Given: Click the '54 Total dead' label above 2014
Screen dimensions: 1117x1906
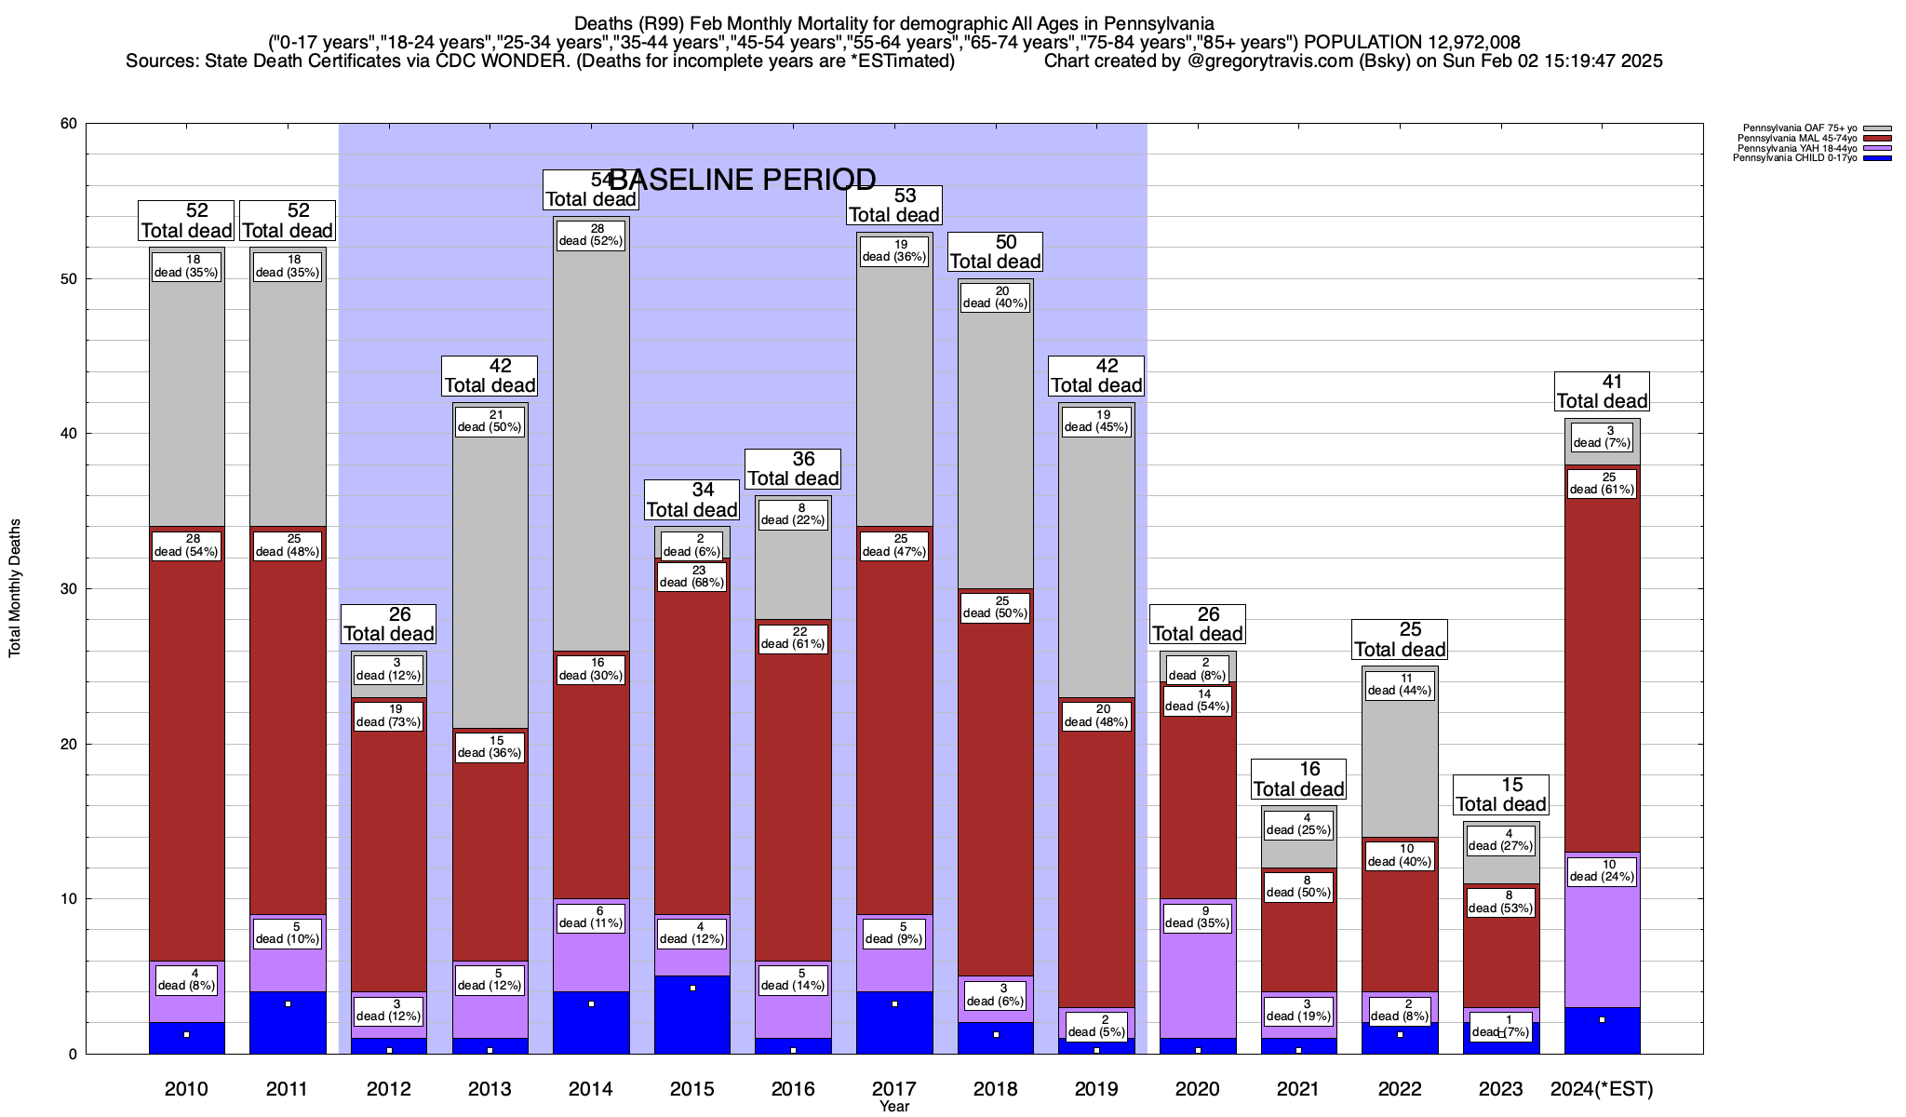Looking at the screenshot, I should [x=590, y=190].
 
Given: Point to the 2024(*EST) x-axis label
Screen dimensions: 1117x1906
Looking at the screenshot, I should [x=1602, y=1089].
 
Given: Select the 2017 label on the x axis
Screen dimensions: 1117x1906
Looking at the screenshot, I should [x=894, y=1089].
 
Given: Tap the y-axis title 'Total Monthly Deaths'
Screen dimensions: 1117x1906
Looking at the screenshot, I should [x=15, y=588].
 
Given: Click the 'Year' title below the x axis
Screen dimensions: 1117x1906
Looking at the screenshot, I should [x=894, y=1107].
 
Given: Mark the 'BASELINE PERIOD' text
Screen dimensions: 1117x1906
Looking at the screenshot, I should [x=742, y=179].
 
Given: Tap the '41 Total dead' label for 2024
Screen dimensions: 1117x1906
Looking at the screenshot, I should [x=1602, y=392].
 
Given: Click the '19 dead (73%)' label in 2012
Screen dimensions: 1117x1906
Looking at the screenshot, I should [x=389, y=716].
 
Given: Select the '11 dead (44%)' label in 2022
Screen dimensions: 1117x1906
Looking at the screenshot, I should [x=1400, y=684].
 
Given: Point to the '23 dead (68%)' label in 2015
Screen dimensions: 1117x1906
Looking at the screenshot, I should [x=692, y=576].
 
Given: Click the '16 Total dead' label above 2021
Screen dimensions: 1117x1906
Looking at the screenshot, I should [x=1298, y=779].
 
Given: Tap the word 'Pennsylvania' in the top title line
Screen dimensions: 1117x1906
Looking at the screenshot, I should [x=1161, y=23].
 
